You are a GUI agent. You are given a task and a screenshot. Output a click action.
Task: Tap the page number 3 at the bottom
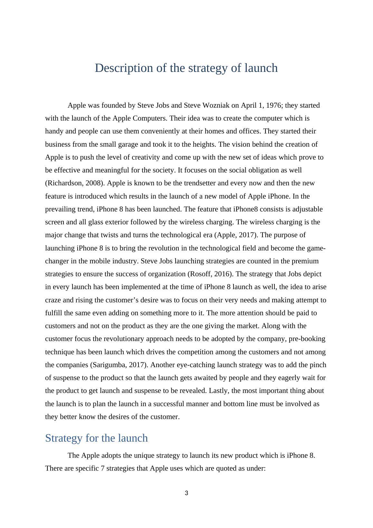pyautogui.click(x=186, y=493)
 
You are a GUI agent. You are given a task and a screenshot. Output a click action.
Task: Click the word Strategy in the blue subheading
pyautogui.click(x=64, y=438)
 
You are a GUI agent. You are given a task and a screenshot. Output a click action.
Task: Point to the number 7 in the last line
pyautogui.click(x=103, y=468)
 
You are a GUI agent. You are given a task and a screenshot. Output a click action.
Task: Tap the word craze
pyautogui.click(x=53, y=300)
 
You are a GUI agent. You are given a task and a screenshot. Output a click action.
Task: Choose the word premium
pyautogui.click(x=305, y=261)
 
